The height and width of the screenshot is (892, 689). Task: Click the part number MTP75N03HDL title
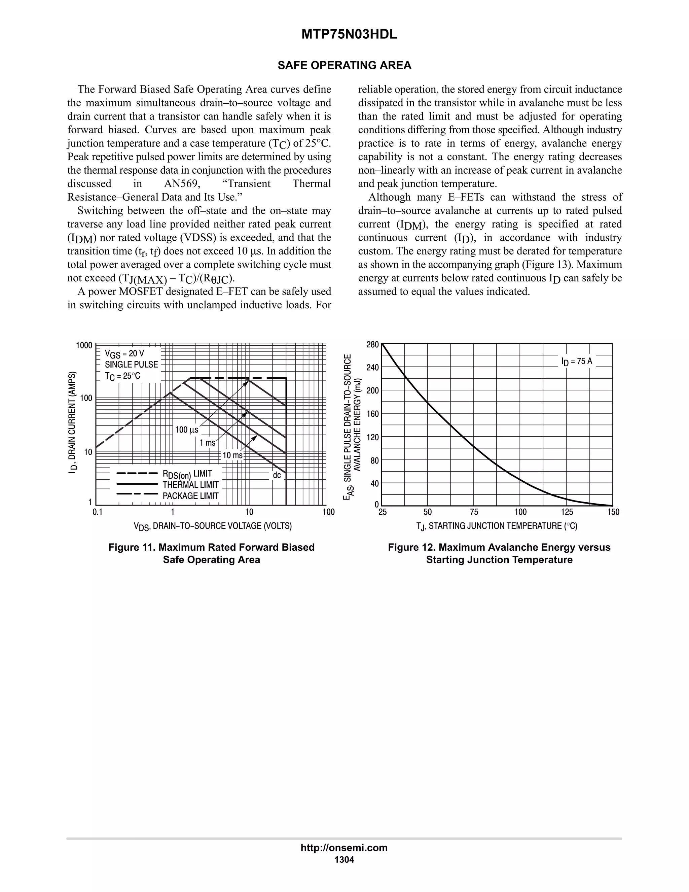(x=349, y=35)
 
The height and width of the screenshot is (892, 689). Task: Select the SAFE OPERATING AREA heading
(x=344, y=65)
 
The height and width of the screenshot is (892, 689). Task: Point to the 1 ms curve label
(x=207, y=443)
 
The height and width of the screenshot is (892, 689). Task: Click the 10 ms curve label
(x=232, y=455)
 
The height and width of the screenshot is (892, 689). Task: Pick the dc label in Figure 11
(x=277, y=475)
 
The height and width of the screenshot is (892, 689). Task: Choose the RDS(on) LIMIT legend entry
(x=187, y=474)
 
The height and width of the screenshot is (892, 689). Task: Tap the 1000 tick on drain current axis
(x=84, y=346)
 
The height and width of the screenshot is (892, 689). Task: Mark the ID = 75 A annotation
(x=576, y=362)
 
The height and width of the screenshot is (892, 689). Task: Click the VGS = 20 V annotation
(x=124, y=353)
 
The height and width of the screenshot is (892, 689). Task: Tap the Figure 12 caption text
(x=499, y=553)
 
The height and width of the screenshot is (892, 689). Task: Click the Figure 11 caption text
(x=211, y=553)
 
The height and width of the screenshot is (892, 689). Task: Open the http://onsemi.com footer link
(x=344, y=848)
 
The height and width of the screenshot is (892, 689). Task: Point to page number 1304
(x=344, y=860)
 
